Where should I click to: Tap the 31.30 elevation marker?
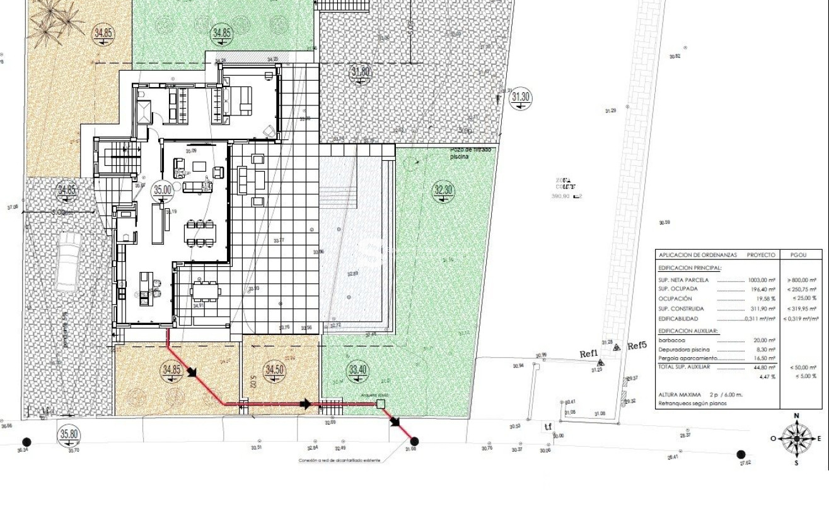[521, 97]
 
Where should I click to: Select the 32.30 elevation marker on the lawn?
[444, 190]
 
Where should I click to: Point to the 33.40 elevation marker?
[357, 370]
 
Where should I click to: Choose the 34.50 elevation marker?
[274, 370]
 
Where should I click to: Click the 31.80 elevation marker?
[360, 72]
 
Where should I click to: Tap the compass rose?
[796, 438]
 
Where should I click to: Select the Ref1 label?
[588, 355]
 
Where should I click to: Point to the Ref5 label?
[637, 346]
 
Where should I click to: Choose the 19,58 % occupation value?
[766, 298]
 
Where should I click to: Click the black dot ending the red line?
[414, 442]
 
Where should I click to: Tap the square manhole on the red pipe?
[381, 404]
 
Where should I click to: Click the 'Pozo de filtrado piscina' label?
[470, 153]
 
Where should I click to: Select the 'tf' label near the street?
[548, 427]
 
